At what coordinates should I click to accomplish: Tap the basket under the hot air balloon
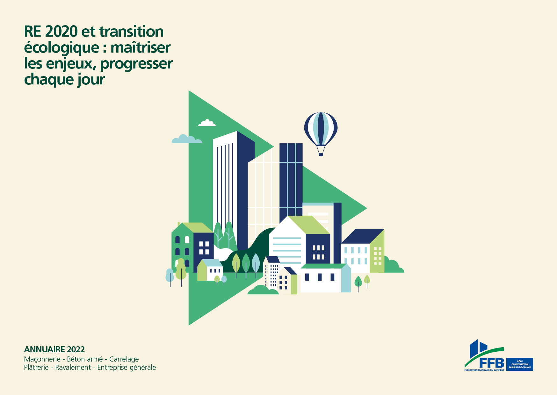pos(321,154)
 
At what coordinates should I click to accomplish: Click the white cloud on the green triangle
pos(207,123)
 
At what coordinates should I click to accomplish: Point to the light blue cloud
pos(187,139)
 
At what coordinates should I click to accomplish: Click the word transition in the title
pos(131,32)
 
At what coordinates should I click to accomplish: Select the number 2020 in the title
pos(61,32)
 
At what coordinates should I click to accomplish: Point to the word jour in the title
pos(91,80)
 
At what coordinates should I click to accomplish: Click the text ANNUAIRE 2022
pos(54,349)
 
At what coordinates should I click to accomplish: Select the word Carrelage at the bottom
pos(124,359)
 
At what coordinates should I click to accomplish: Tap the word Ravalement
pos(73,367)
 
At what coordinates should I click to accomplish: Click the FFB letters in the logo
pos(492,363)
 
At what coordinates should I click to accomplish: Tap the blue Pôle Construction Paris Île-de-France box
pos(520,364)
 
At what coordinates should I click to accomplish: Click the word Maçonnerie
pos(42,359)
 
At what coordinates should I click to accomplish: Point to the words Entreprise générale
pos(127,368)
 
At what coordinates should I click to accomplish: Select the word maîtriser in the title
pos(141,48)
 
